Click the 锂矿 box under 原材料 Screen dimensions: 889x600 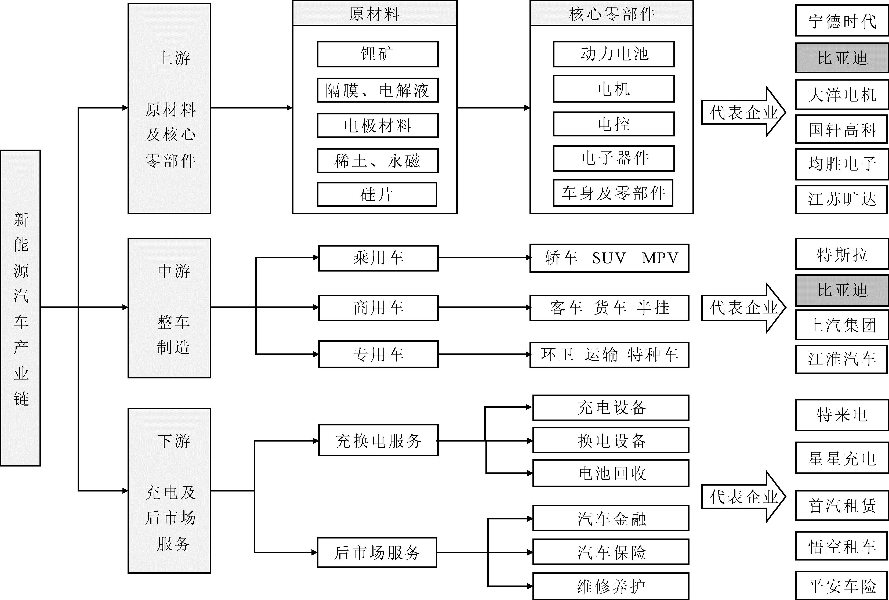point(378,54)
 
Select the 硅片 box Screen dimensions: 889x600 point(377,194)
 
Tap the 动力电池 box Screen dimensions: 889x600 point(614,54)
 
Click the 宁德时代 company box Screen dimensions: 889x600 point(842,21)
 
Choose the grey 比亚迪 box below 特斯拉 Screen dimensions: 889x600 point(842,290)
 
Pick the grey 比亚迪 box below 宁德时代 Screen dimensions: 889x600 point(842,58)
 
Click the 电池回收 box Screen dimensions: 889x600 point(611,473)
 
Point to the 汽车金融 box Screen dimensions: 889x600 point(611,518)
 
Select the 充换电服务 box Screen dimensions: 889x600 point(378,440)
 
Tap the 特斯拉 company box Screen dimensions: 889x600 point(842,254)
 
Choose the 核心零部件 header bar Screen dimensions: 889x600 point(612,13)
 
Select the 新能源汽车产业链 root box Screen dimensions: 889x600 point(21,308)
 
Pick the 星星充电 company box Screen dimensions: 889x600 point(842,458)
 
